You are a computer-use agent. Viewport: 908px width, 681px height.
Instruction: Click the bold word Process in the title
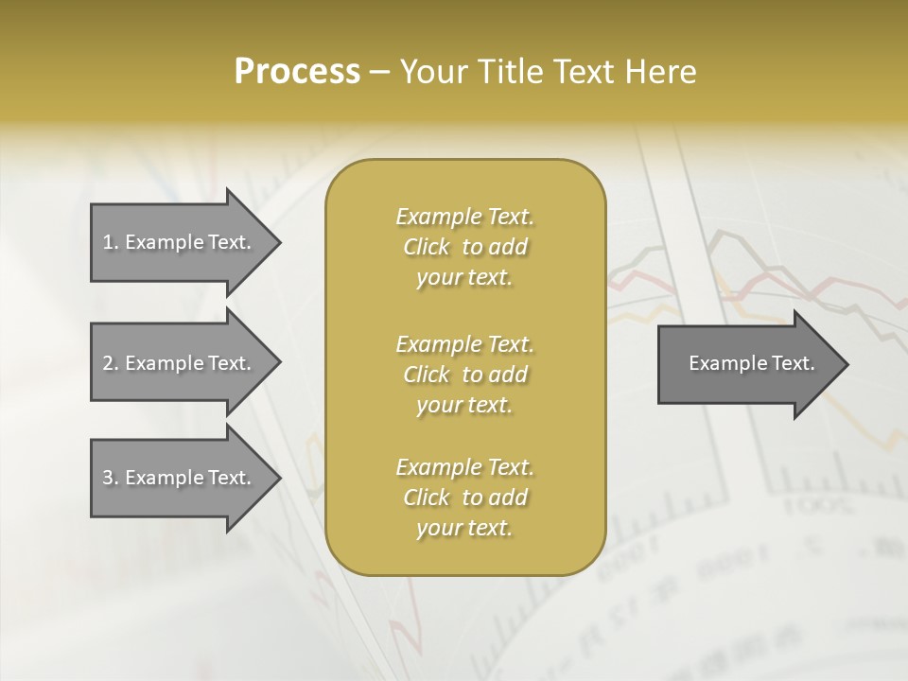tap(297, 72)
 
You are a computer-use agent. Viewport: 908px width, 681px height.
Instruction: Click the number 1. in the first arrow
tap(111, 242)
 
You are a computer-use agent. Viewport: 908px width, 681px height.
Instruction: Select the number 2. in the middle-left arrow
tap(111, 363)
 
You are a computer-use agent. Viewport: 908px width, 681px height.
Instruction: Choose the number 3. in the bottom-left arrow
tap(111, 478)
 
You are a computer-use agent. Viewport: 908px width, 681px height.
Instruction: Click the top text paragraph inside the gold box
tap(464, 247)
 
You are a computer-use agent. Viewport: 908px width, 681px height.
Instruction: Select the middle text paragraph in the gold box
tap(464, 374)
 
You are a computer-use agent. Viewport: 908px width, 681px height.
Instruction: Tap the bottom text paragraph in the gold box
tap(464, 498)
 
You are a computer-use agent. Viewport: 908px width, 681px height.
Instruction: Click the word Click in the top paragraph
tap(427, 248)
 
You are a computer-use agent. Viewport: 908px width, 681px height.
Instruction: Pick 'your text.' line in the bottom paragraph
tap(464, 529)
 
